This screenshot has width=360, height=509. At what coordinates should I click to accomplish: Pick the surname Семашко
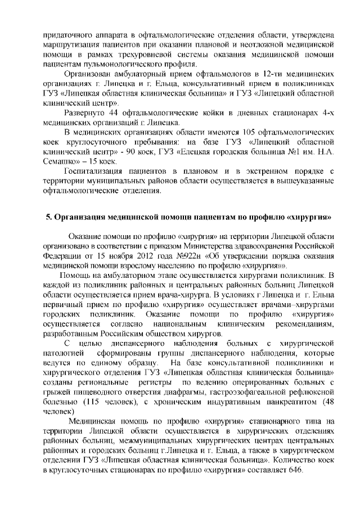point(61,161)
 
